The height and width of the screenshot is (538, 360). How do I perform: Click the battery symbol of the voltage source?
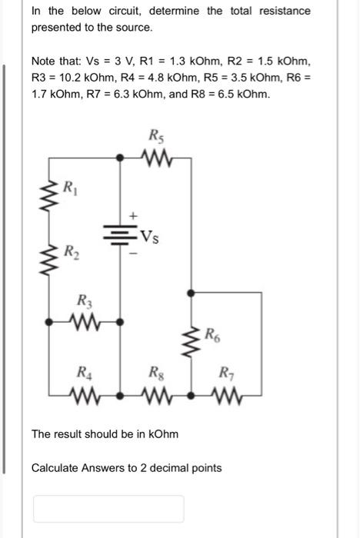tap(118, 234)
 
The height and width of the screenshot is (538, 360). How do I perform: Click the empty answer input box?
tap(108, 508)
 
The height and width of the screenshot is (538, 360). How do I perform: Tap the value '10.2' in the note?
tap(65, 77)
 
